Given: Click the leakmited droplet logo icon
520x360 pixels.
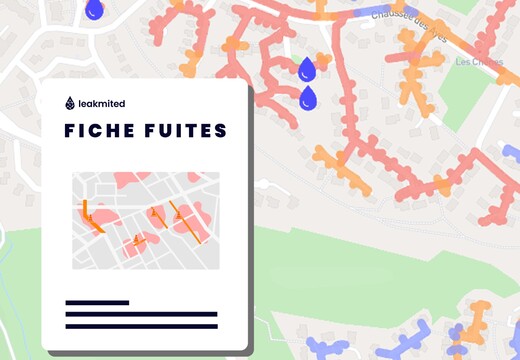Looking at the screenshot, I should pyautogui.click(x=68, y=102).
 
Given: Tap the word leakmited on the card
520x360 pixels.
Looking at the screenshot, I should pyautogui.click(x=101, y=103).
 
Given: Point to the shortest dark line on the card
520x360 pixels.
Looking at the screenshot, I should pyautogui.click(x=97, y=302).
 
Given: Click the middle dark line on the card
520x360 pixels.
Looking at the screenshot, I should pyautogui.click(x=141, y=314).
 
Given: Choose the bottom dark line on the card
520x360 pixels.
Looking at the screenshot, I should pyautogui.click(x=141, y=326).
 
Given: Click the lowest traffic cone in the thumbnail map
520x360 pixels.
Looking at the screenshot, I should pyautogui.click(x=137, y=238).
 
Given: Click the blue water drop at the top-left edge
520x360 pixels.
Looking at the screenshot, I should pyautogui.click(x=94, y=9).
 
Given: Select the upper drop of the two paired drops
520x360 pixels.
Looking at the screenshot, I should pyautogui.click(x=307, y=69).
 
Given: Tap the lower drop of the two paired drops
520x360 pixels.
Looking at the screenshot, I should pyautogui.click(x=308, y=98).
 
